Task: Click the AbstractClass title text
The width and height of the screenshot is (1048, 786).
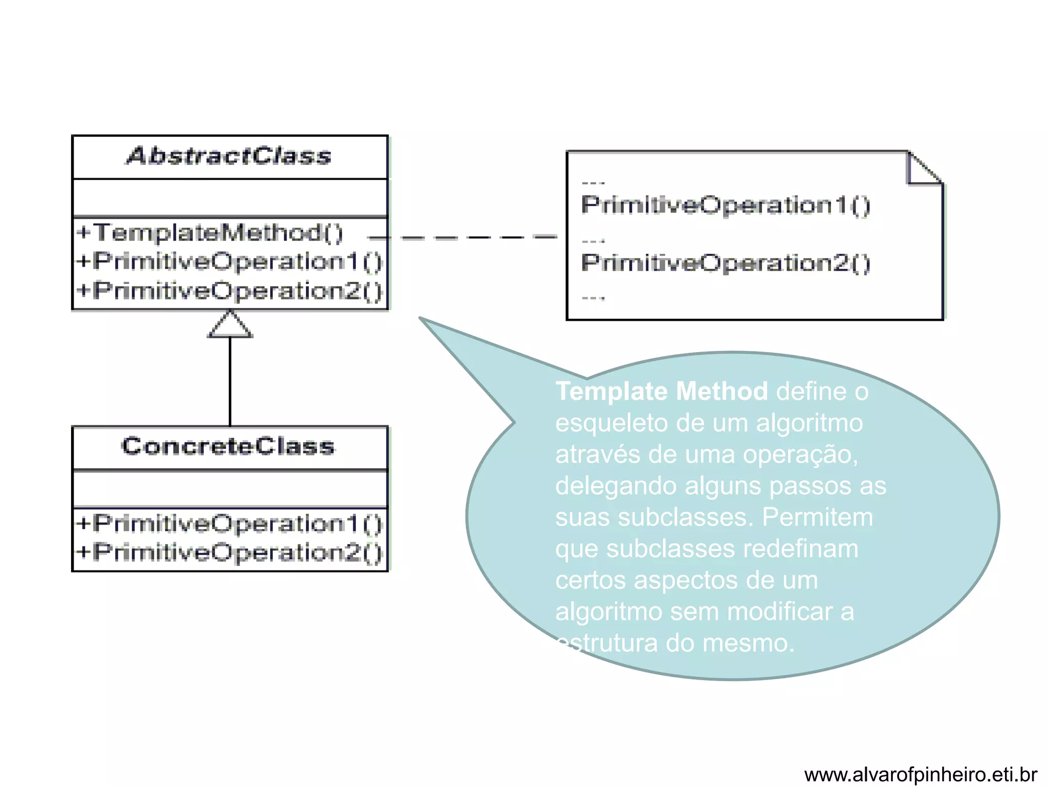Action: tap(229, 156)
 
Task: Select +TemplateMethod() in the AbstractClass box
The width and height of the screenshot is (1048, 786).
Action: tap(210, 233)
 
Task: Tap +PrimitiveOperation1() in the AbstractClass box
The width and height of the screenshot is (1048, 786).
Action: tap(229, 261)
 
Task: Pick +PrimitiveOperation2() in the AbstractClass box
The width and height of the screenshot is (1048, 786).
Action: tap(229, 291)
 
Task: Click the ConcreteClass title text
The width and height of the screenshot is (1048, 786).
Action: tap(228, 446)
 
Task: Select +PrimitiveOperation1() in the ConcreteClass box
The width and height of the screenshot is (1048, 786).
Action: tap(229, 523)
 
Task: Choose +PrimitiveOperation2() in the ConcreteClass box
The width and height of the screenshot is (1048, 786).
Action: tap(229, 553)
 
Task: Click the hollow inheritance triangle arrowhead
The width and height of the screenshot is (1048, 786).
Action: tap(230, 326)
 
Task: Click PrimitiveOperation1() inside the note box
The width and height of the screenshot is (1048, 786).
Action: tap(726, 205)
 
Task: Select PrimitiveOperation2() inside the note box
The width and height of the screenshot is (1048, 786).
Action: tap(726, 263)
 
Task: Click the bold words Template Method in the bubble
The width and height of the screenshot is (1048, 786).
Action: tap(662, 391)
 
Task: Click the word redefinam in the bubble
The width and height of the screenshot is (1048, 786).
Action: tap(800, 549)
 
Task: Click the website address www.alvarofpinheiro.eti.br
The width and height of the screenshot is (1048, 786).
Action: tap(920, 774)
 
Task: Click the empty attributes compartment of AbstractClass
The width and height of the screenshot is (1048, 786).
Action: tap(230, 198)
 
